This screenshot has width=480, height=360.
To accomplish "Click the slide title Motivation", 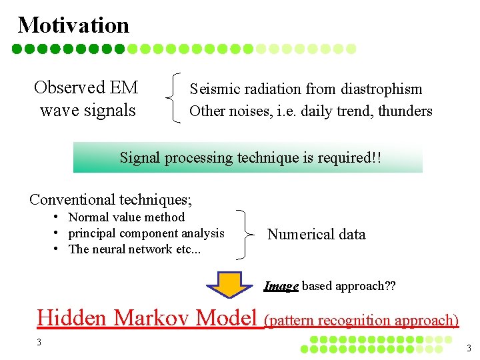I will coord(73,25).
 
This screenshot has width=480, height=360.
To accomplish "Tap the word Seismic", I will coord(213,89).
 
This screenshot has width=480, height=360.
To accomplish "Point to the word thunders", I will coord(405,111).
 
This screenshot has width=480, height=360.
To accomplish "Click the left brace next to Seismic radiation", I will coord(175,99).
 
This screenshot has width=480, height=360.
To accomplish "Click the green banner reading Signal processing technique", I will coord(248,158).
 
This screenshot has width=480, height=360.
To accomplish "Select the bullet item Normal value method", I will coord(127,217).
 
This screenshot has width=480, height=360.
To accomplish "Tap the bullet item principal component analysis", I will coord(146,233).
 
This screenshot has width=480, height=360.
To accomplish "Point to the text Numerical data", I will coord(316,234).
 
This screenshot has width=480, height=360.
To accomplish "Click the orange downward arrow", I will coord(232,283).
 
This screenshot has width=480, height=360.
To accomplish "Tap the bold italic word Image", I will coord(281,286).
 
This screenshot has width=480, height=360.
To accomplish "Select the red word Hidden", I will coord(71,318).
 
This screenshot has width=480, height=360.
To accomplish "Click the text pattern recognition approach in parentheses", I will coord(361,320).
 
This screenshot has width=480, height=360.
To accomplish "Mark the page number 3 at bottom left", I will coord(39,342).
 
